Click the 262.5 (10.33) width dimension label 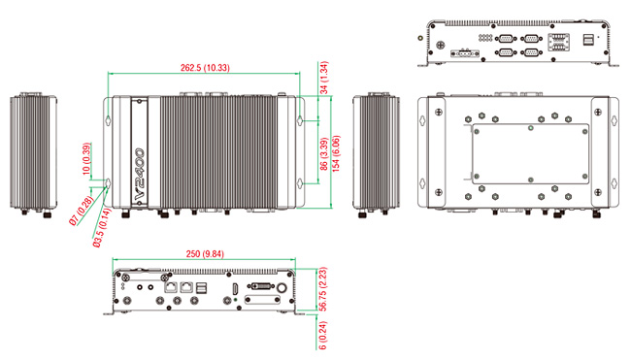(205, 68)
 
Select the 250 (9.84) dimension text (205, 254)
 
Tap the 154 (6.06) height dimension (337, 153)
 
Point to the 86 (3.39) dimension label (324, 154)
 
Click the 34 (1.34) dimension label (324, 78)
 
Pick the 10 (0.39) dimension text (86, 159)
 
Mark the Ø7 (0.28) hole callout (81, 211)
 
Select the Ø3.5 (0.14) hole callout (101, 228)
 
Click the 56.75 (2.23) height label (322, 289)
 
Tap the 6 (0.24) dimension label (322, 335)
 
